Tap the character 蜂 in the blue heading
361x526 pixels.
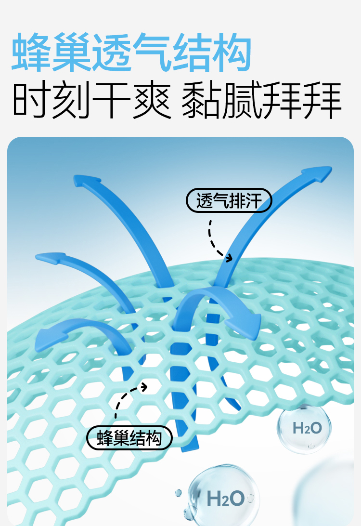pos(32,53)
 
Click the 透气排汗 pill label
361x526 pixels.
pos(229,200)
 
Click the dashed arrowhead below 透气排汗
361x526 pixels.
pos(228,258)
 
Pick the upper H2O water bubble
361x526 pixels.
pos(304,428)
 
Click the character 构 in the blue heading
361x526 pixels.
pos(232,53)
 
